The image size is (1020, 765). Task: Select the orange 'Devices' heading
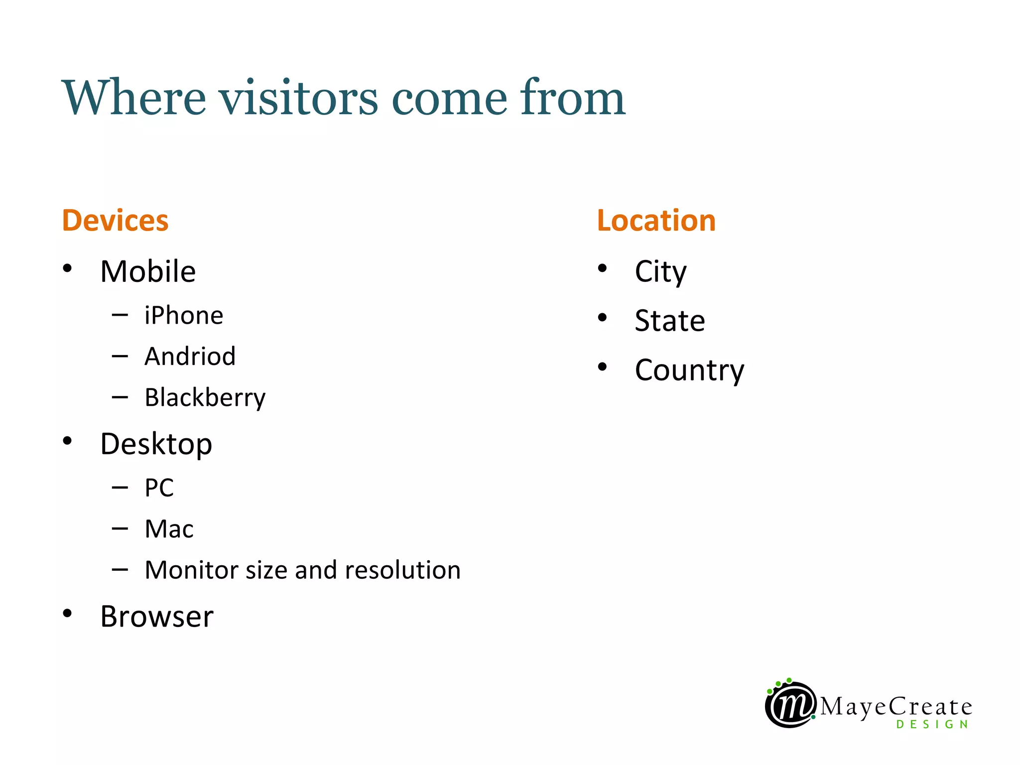point(115,221)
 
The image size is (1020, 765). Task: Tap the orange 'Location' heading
point(656,221)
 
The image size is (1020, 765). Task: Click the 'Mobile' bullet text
point(148,272)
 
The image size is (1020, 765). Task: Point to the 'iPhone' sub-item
point(184,316)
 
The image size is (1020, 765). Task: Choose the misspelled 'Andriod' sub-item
point(190,357)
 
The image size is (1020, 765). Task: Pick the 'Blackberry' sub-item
point(205,398)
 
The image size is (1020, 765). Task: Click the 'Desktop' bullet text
point(156,444)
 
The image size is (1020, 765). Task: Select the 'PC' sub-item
point(159,488)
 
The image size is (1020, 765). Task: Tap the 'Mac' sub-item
point(169,529)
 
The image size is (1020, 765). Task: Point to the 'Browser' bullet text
point(157,617)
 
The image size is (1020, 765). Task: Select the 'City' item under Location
point(660,272)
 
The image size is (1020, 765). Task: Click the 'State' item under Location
point(670,321)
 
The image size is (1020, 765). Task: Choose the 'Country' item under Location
point(689,371)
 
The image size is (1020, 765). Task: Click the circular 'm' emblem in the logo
point(790,704)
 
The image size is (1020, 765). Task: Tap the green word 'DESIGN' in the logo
point(932,725)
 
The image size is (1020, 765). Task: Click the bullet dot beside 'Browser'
point(67,613)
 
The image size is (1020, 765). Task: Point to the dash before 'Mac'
point(120,528)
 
